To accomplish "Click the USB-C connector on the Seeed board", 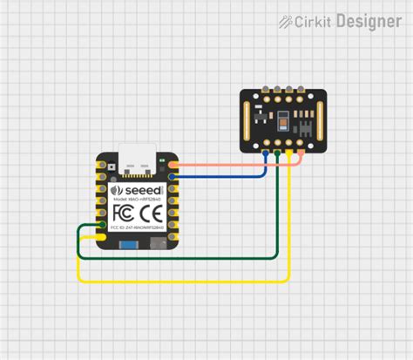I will coord(138,157).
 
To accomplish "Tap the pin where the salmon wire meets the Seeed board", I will coord(173,164).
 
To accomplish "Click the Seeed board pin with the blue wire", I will coord(173,176).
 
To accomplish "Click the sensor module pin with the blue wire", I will coord(266,153).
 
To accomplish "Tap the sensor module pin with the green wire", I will coord(277,153).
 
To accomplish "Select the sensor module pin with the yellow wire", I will coord(289,153).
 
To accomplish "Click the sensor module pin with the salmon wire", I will coord(301,153).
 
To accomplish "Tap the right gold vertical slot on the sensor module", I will coord(322,118).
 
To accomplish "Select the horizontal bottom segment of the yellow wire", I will coord(183,282).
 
